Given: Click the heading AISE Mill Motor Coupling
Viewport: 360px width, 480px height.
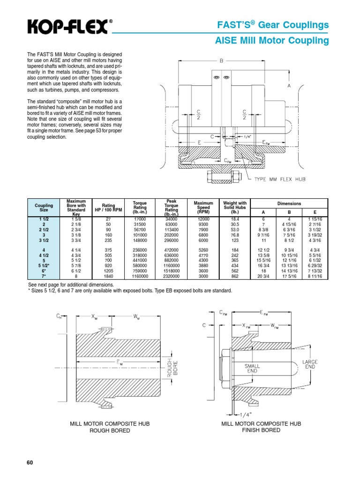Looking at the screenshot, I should [x=272, y=41].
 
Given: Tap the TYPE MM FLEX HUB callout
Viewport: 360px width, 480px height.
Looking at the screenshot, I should [x=279, y=179].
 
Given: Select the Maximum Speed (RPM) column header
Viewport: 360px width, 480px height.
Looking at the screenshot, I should [x=203, y=207].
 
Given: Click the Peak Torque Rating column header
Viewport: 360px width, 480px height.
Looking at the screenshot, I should [x=171, y=207].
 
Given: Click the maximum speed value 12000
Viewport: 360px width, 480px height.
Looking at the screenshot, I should [x=203, y=219].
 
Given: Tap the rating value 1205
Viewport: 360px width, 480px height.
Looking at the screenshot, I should [x=109, y=271].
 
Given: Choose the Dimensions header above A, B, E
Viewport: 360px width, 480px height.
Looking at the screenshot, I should [x=289, y=204].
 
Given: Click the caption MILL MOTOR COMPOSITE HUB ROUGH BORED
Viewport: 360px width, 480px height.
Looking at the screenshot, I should [x=109, y=427].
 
